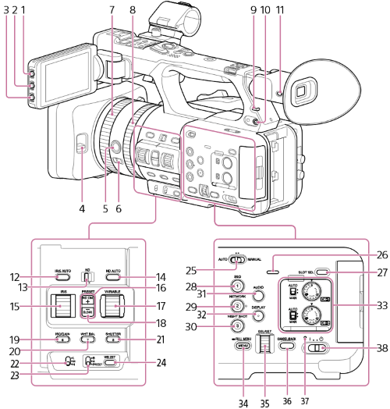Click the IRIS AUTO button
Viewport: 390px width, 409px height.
(63, 277)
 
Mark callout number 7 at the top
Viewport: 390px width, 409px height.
(112, 9)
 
